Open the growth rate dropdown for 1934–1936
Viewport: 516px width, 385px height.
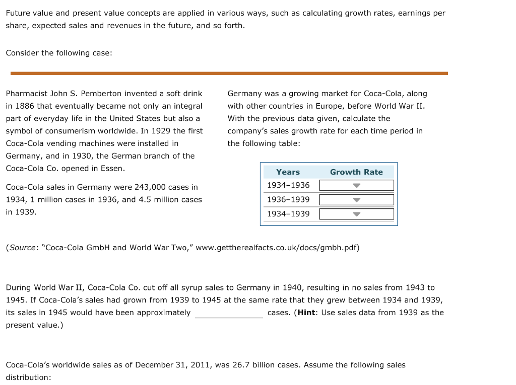pyautogui.click(x=356, y=185)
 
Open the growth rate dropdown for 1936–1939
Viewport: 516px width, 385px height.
pyautogui.click(x=356, y=200)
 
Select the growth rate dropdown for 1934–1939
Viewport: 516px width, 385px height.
pyautogui.click(x=356, y=214)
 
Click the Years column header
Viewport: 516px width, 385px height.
pyautogui.click(x=288, y=172)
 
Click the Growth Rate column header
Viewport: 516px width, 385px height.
pyautogui.click(x=356, y=172)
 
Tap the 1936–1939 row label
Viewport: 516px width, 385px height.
pyautogui.click(x=288, y=200)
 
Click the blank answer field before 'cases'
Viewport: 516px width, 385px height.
pyautogui.click(x=229, y=313)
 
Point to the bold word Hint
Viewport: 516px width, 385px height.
pyautogui.click(x=306, y=313)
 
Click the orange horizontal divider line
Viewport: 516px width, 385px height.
pyautogui.click(x=229, y=73)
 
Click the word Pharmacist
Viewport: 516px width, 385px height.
pyautogui.click(x=26, y=94)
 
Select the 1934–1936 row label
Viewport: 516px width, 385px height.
pyautogui.click(x=288, y=185)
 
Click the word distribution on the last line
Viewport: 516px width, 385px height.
pyautogui.click(x=28, y=377)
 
